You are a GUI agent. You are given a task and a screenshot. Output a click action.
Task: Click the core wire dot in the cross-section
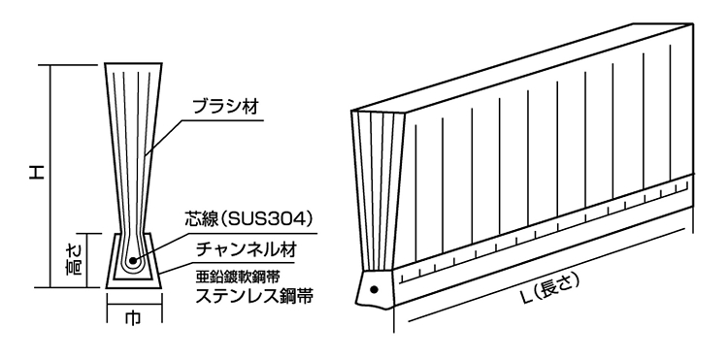coord(130,261)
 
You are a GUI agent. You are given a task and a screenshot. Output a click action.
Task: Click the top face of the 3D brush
coord(524,58)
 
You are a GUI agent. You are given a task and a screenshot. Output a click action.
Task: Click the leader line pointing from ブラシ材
coord(165,131)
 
